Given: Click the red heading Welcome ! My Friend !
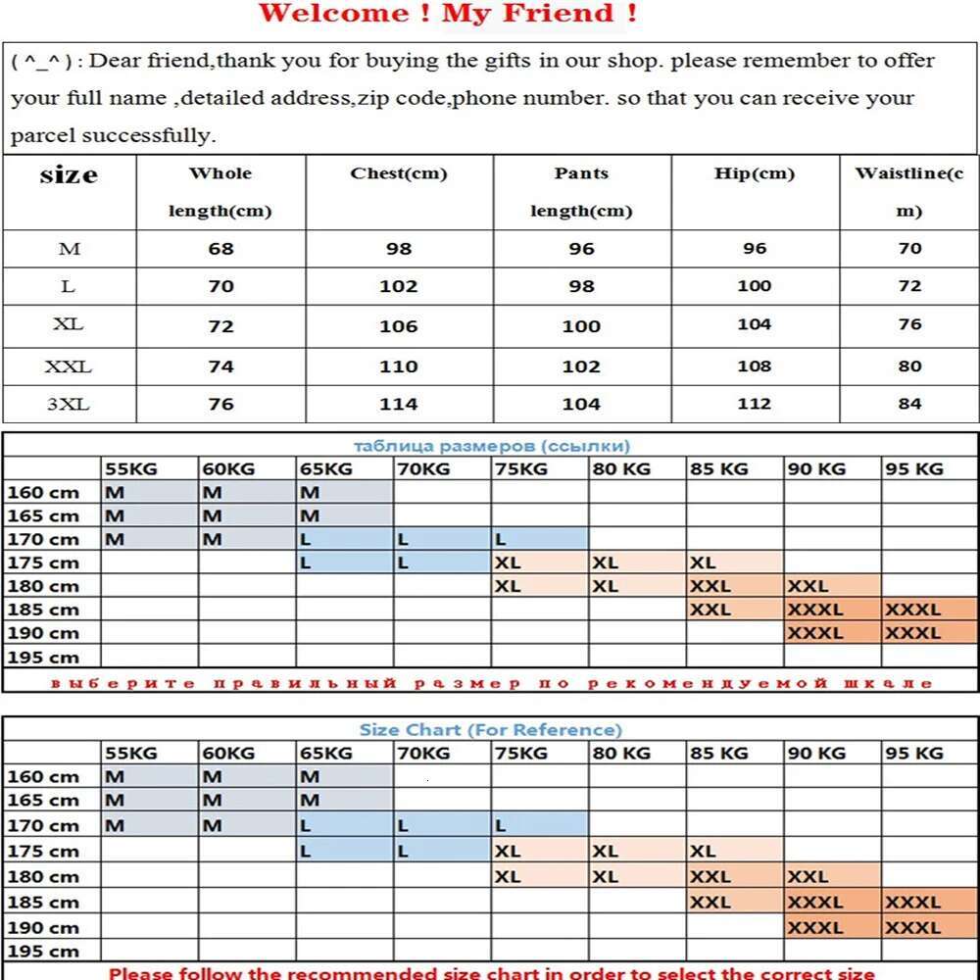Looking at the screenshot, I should [448, 14].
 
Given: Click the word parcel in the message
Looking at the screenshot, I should [43, 135].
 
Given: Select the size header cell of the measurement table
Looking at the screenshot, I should [69, 175].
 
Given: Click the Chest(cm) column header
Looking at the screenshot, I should [398, 173].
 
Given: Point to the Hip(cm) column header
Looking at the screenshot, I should [754, 173].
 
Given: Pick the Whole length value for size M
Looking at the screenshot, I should [220, 249].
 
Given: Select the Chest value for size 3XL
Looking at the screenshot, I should [398, 404].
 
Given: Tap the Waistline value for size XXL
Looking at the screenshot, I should [909, 366].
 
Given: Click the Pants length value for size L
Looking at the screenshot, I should [581, 286].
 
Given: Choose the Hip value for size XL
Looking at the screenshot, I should [754, 324].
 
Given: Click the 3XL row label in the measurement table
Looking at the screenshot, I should [68, 404].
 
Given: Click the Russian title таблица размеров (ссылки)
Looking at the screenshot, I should [492, 446].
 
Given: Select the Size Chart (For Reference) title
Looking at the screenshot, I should [490, 729].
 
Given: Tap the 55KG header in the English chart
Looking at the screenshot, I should [130, 753].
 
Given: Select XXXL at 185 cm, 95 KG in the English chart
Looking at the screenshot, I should [912, 902].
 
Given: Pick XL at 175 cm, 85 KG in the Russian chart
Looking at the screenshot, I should [703, 563].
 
